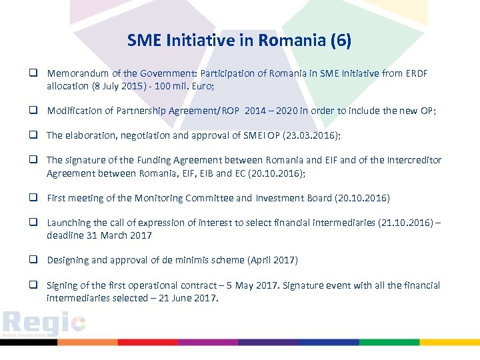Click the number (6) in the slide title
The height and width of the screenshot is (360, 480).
pos(340,41)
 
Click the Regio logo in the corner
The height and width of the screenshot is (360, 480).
pos(43,324)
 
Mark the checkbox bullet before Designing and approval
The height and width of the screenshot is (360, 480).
pos(32,260)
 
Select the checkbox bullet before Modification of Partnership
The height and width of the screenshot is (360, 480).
pos(32,111)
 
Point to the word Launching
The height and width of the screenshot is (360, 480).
pos(68,223)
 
